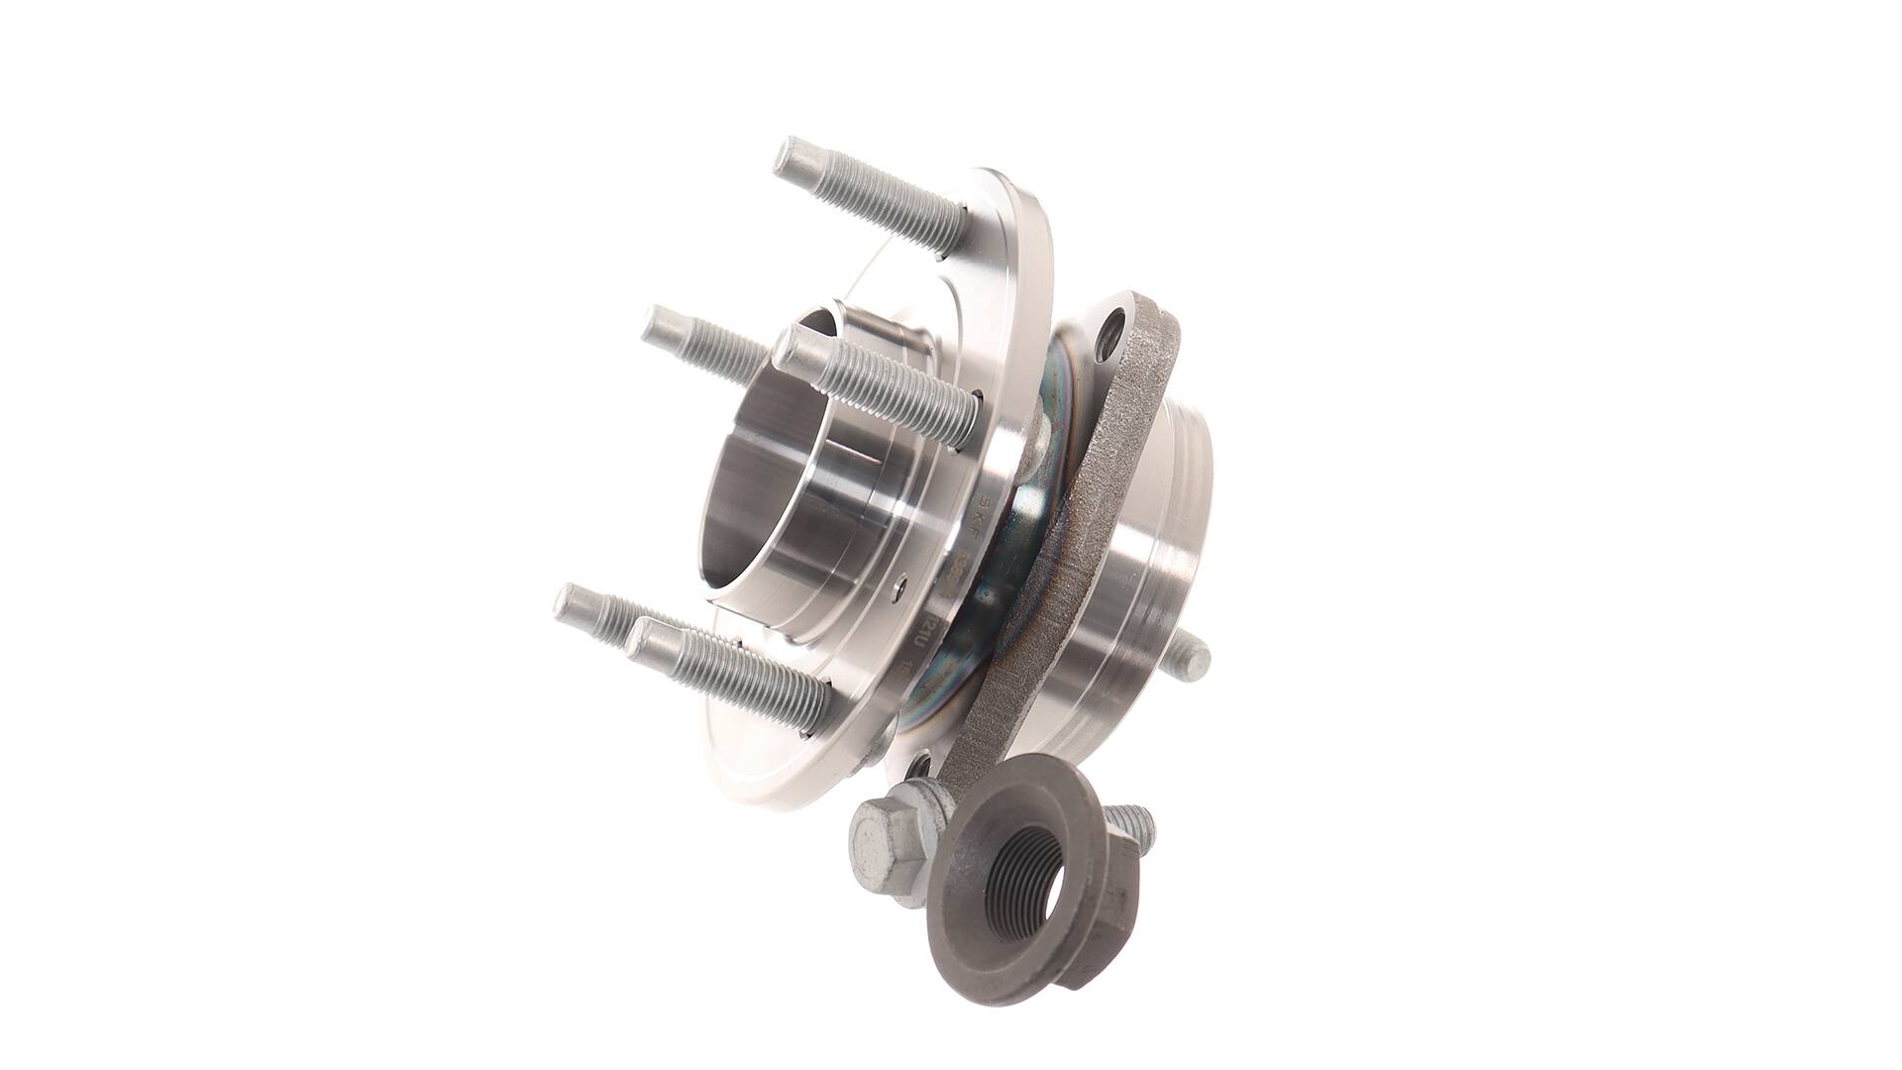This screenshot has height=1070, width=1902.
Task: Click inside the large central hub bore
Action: pyautogui.click(x=763, y=485)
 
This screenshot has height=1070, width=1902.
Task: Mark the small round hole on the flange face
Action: pyautogui.click(x=899, y=587)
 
